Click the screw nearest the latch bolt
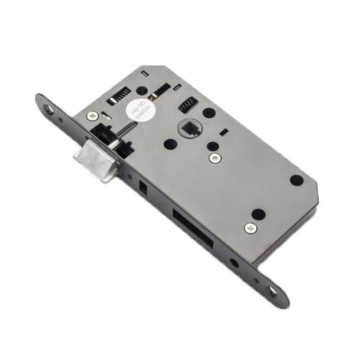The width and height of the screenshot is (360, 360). click(x=94, y=116)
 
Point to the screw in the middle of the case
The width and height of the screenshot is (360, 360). click(x=213, y=156)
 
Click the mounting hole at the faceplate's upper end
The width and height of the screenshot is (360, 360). click(x=48, y=109)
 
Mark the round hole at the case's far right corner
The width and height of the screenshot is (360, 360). click(x=296, y=179)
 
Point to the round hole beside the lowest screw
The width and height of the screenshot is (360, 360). click(x=256, y=214)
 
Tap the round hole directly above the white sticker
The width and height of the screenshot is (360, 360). click(x=142, y=91)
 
